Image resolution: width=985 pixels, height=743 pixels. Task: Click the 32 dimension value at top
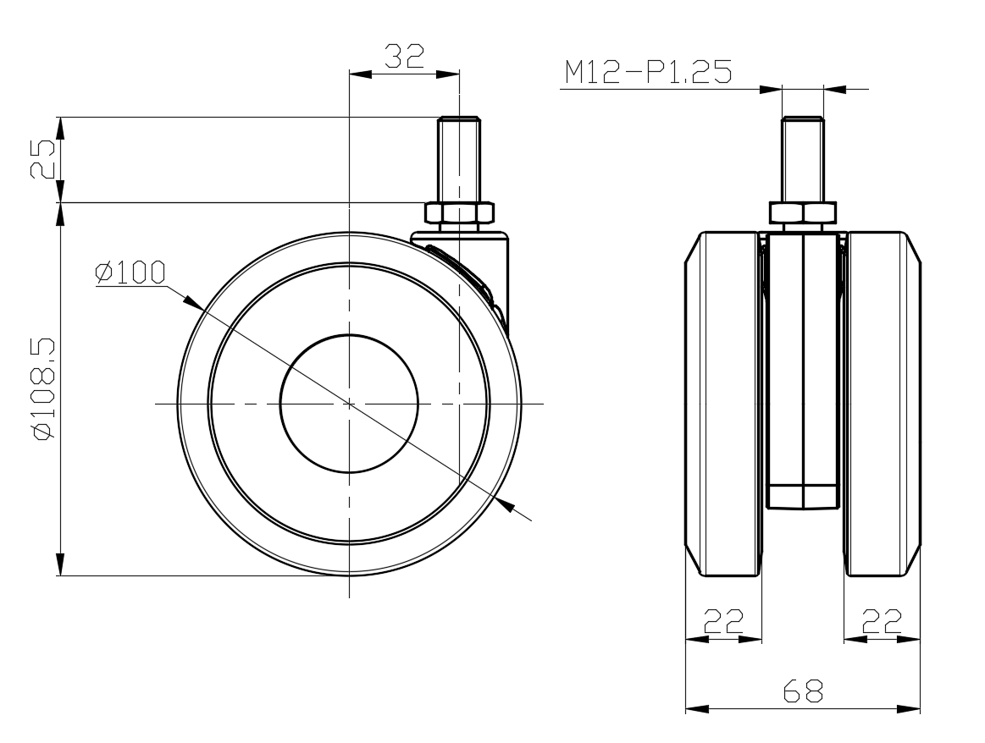click(405, 57)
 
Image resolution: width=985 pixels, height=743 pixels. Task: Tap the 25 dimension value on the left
click(45, 159)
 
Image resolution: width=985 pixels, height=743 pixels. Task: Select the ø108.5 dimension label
click(45, 389)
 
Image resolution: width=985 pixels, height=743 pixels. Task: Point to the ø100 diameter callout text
click(130, 272)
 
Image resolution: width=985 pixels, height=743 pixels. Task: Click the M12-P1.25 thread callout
click(648, 72)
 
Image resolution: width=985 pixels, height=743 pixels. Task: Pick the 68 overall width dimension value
click(803, 691)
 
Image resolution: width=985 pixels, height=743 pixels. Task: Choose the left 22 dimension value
click(723, 621)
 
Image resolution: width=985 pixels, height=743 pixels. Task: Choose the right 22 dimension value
click(882, 621)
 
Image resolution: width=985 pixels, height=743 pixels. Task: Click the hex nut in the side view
click(458, 212)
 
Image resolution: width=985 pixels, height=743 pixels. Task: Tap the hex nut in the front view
click(803, 212)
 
